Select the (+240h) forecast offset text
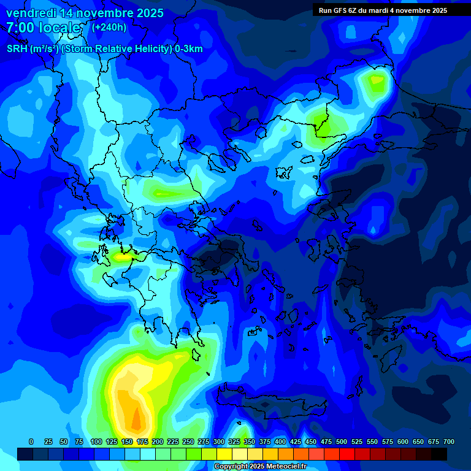tap(109, 28)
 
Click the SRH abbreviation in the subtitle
tap(17, 49)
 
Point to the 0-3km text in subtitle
tap(188, 49)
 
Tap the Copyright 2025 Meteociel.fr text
tap(269, 467)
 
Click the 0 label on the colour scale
tap(31, 442)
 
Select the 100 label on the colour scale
tap(96, 442)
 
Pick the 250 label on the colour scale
tap(188, 442)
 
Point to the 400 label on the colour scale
tap(280, 442)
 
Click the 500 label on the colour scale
tap(342, 442)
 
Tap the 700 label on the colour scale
tap(449, 442)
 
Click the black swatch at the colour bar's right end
tap(439, 454)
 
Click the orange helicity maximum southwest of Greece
tap(135, 417)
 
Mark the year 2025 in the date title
tap(148, 13)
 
